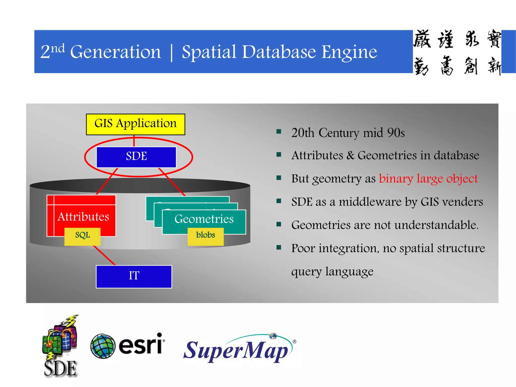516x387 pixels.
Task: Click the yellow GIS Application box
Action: (x=135, y=124)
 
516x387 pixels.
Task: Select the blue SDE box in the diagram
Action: (x=136, y=156)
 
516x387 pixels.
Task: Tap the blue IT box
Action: (x=134, y=276)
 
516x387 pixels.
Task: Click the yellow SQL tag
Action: (x=82, y=236)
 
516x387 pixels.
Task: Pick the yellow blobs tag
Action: (x=205, y=236)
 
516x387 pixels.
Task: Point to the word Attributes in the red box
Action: (x=83, y=217)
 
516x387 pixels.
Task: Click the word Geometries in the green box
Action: (x=204, y=219)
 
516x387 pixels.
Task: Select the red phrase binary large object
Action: (x=428, y=179)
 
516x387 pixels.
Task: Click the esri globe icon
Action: (x=103, y=346)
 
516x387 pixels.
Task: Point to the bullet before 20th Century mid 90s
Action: (x=279, y=132)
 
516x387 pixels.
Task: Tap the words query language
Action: (x=332, y=272)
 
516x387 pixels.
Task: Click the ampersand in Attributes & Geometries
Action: (x=350, y=155)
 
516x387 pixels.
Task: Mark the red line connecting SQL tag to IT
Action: (x=105, y=255)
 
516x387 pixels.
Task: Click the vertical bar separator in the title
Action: (x=172, y=52)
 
